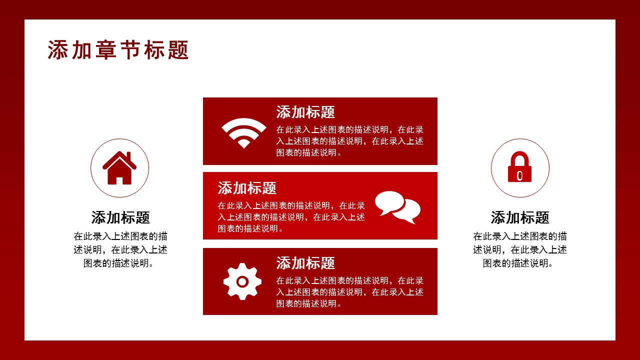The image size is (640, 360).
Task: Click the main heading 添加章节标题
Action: click(x=118, y=50)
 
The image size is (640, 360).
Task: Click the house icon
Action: click(x=119, y=168)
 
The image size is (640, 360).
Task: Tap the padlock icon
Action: click(x=520, y=167)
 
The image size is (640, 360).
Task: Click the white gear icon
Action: click(x=242, y=281)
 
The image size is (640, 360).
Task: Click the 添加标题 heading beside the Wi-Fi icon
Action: click(x=305, y=112)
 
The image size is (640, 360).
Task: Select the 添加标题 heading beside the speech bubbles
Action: click(x=247, y=188)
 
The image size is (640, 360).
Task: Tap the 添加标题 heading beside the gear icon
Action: click(x=305, y=263)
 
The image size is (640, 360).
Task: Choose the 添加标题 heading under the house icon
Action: click(x=120, y=217)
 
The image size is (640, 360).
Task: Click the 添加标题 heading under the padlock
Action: click(x=520, y=217)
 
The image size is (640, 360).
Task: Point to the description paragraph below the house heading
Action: click(x=120, y=249)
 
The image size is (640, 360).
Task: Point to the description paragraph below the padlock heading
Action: click(x=520, y=249)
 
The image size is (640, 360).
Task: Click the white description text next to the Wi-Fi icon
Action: click(x=350, y=141)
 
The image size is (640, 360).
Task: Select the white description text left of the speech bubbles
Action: click(x=291, y=217)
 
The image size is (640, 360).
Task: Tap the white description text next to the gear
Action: click(x=350, y=292)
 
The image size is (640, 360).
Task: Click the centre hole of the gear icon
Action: click(x=242, y=281)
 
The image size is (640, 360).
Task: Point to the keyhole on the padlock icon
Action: click(x=520, y=174)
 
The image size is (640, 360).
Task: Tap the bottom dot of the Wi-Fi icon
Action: click(x=244, y=144)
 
